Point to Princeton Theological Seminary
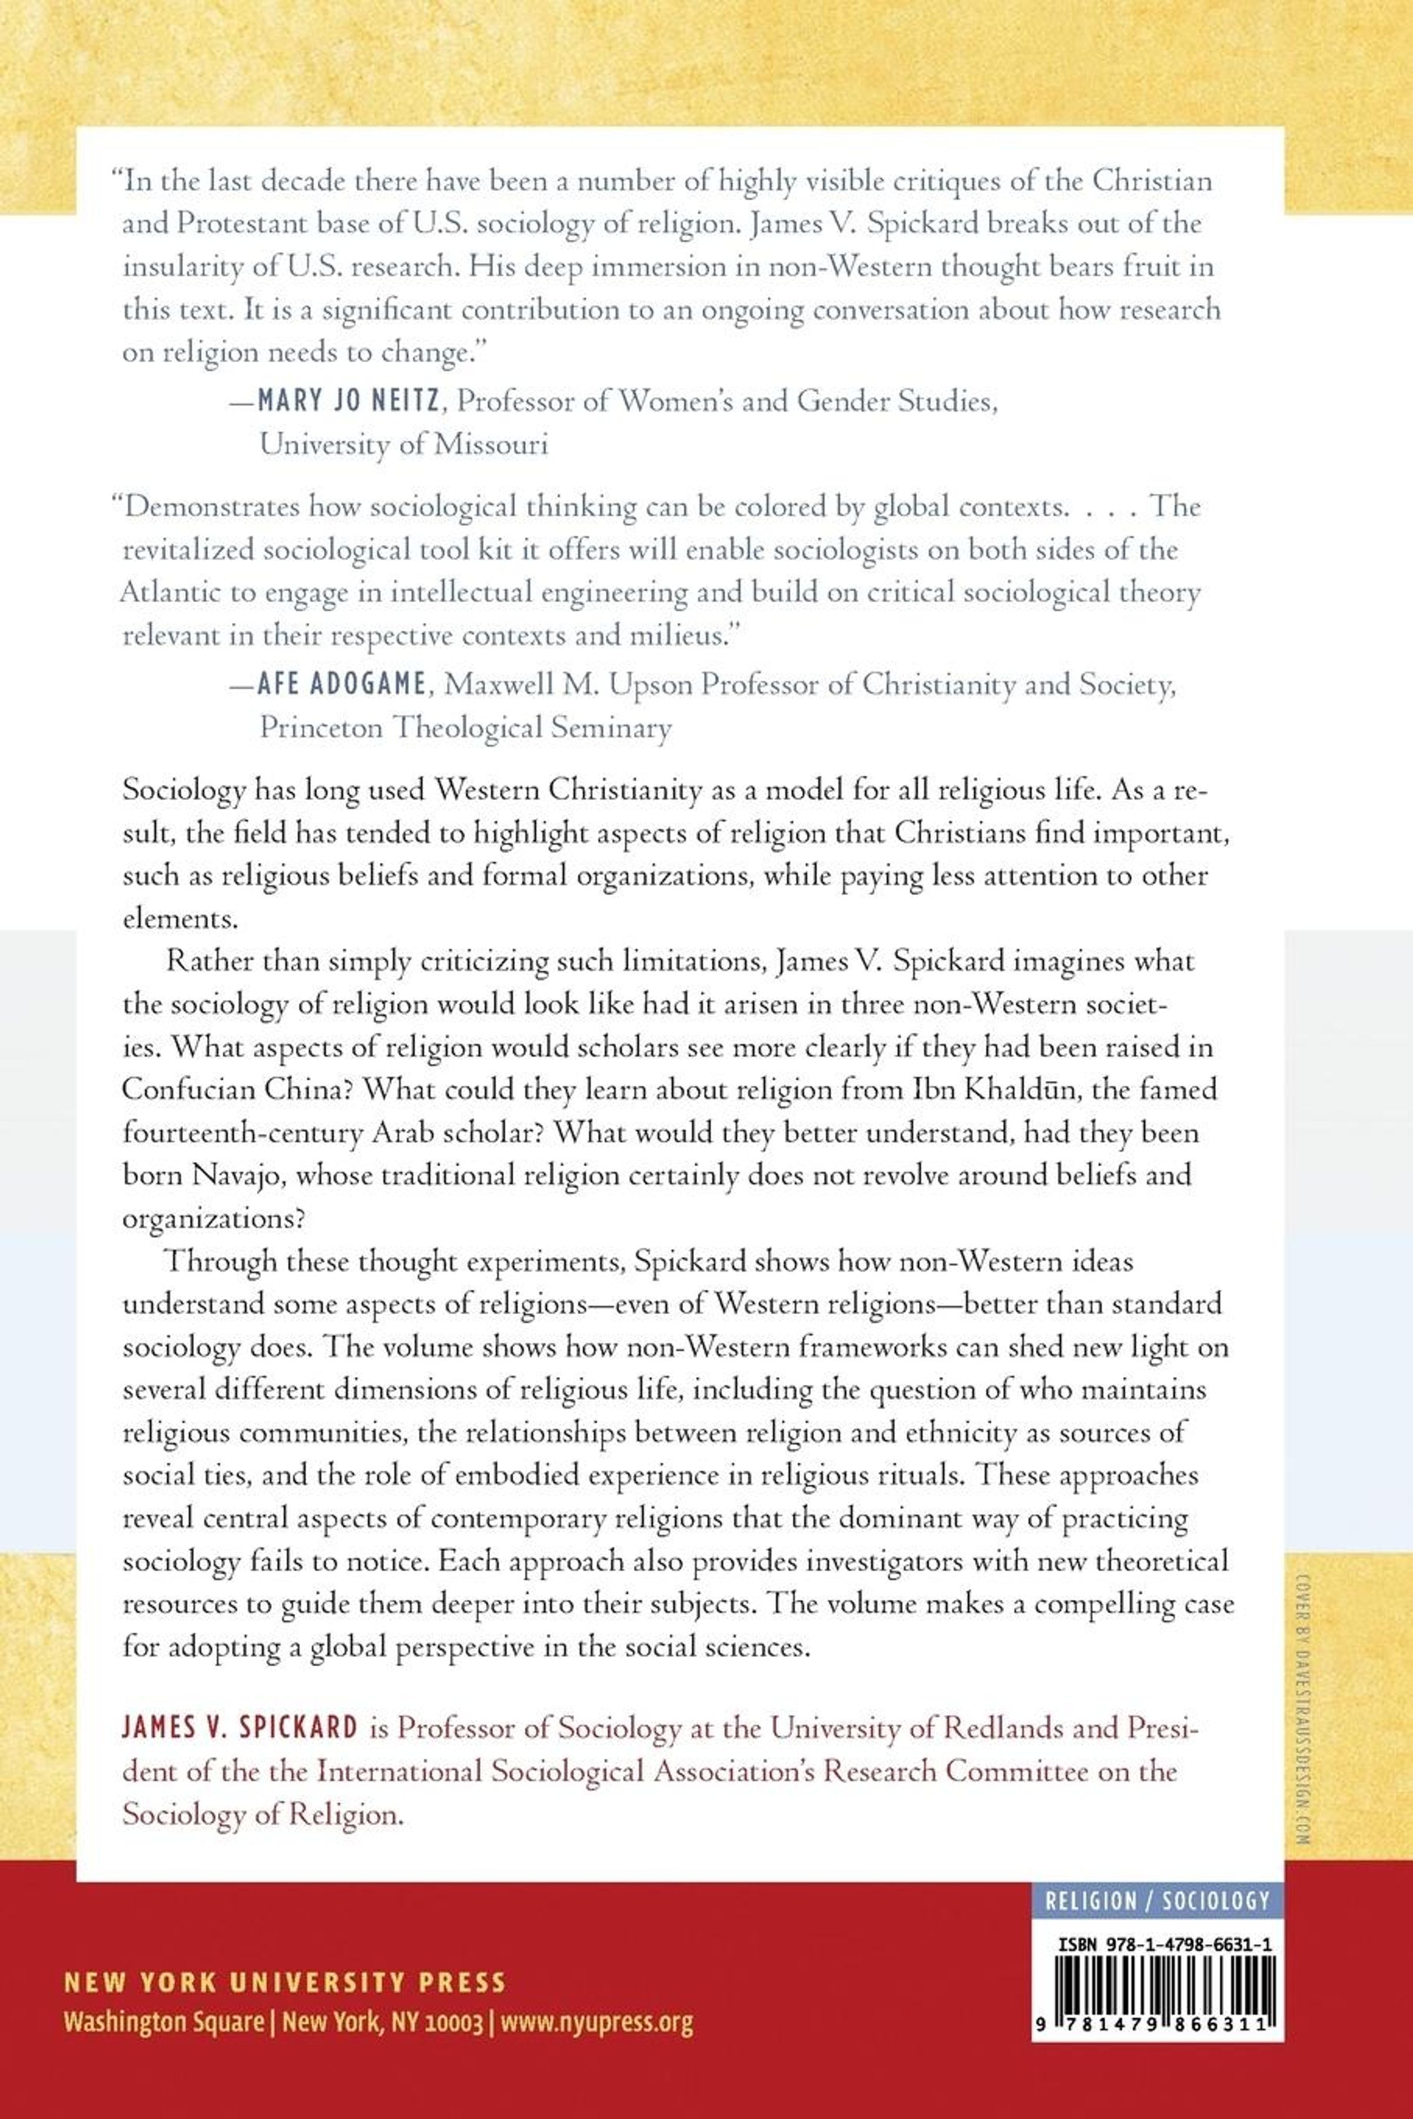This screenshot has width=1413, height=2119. [465, 727]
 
